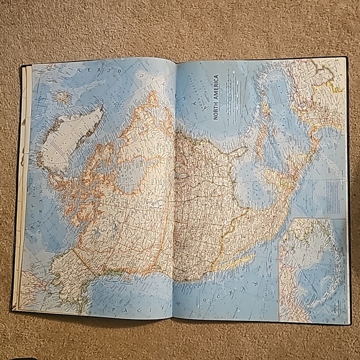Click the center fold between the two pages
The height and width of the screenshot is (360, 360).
click(x=174, y=186)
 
